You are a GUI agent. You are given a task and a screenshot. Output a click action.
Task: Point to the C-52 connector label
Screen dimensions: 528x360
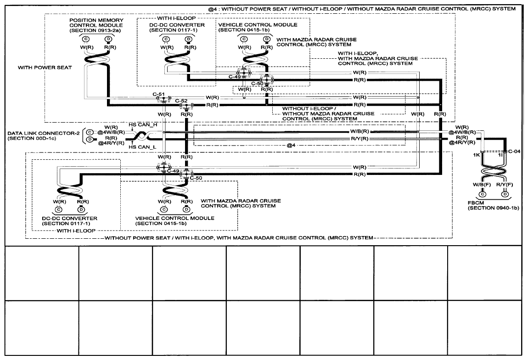click(x=181, y=101)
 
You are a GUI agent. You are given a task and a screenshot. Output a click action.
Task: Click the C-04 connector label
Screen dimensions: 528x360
click(x=514, y=152)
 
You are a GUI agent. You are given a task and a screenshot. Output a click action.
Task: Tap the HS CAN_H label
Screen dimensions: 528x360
click(x=143, y=125)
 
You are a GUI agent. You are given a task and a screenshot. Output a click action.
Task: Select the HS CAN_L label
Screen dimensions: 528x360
click(x=142, y=147)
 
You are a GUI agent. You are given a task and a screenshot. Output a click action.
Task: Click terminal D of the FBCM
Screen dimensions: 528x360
click(x=505, y=194)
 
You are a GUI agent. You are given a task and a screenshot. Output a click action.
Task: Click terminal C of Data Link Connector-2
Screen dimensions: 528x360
click(x=90, y=132)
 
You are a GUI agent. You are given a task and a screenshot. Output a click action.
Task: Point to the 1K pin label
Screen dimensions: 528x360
click(x=477, y=155)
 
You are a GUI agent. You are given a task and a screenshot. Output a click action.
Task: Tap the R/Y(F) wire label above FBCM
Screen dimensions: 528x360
click(x=505, y=185)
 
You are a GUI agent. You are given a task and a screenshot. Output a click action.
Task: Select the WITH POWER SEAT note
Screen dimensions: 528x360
click(x=45, y=67)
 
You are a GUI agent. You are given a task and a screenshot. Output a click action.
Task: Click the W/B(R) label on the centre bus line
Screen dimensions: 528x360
click(x=359, y=131)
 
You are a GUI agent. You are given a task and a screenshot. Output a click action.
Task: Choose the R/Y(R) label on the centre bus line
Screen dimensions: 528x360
click(x=359, y=139)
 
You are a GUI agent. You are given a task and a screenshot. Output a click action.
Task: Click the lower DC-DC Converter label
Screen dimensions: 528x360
click(x=70, y=220)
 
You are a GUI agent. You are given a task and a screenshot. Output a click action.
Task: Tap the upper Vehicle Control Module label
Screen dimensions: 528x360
click(x=258, y=27)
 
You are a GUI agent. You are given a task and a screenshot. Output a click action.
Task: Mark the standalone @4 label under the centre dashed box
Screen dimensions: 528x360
click(x=291, y=146)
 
